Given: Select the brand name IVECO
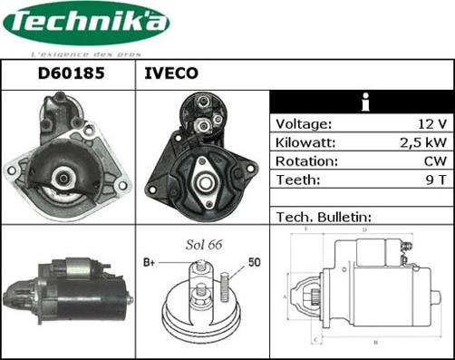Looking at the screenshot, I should click(x=171, y=74).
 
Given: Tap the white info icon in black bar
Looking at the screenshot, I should click(x=363, y=102).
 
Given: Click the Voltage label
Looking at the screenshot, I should click(x=304, y=124).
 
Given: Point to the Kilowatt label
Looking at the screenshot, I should click(x=306, y=142).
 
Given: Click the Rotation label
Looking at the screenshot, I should click(x=306, y=161).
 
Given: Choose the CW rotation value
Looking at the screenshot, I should click(x=435, y=161).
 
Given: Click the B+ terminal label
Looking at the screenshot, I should click(x=150, y=262).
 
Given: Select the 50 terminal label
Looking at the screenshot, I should click(x=254, y=262).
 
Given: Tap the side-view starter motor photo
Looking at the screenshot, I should click(x=68, y=288).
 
